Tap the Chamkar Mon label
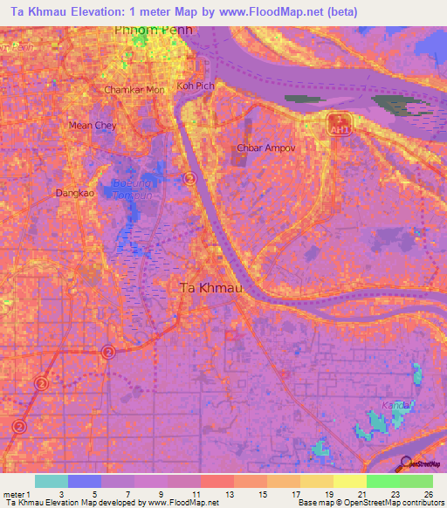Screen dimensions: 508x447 (134, 90)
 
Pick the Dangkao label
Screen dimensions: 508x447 (73, 193)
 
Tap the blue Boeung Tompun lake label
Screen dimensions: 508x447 (133, 189)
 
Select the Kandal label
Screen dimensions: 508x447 (397, 406)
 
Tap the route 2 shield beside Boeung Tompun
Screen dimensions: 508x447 (189, 179)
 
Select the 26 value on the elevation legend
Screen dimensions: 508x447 (429, 493)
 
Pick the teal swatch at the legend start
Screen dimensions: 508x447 (52, 481)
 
